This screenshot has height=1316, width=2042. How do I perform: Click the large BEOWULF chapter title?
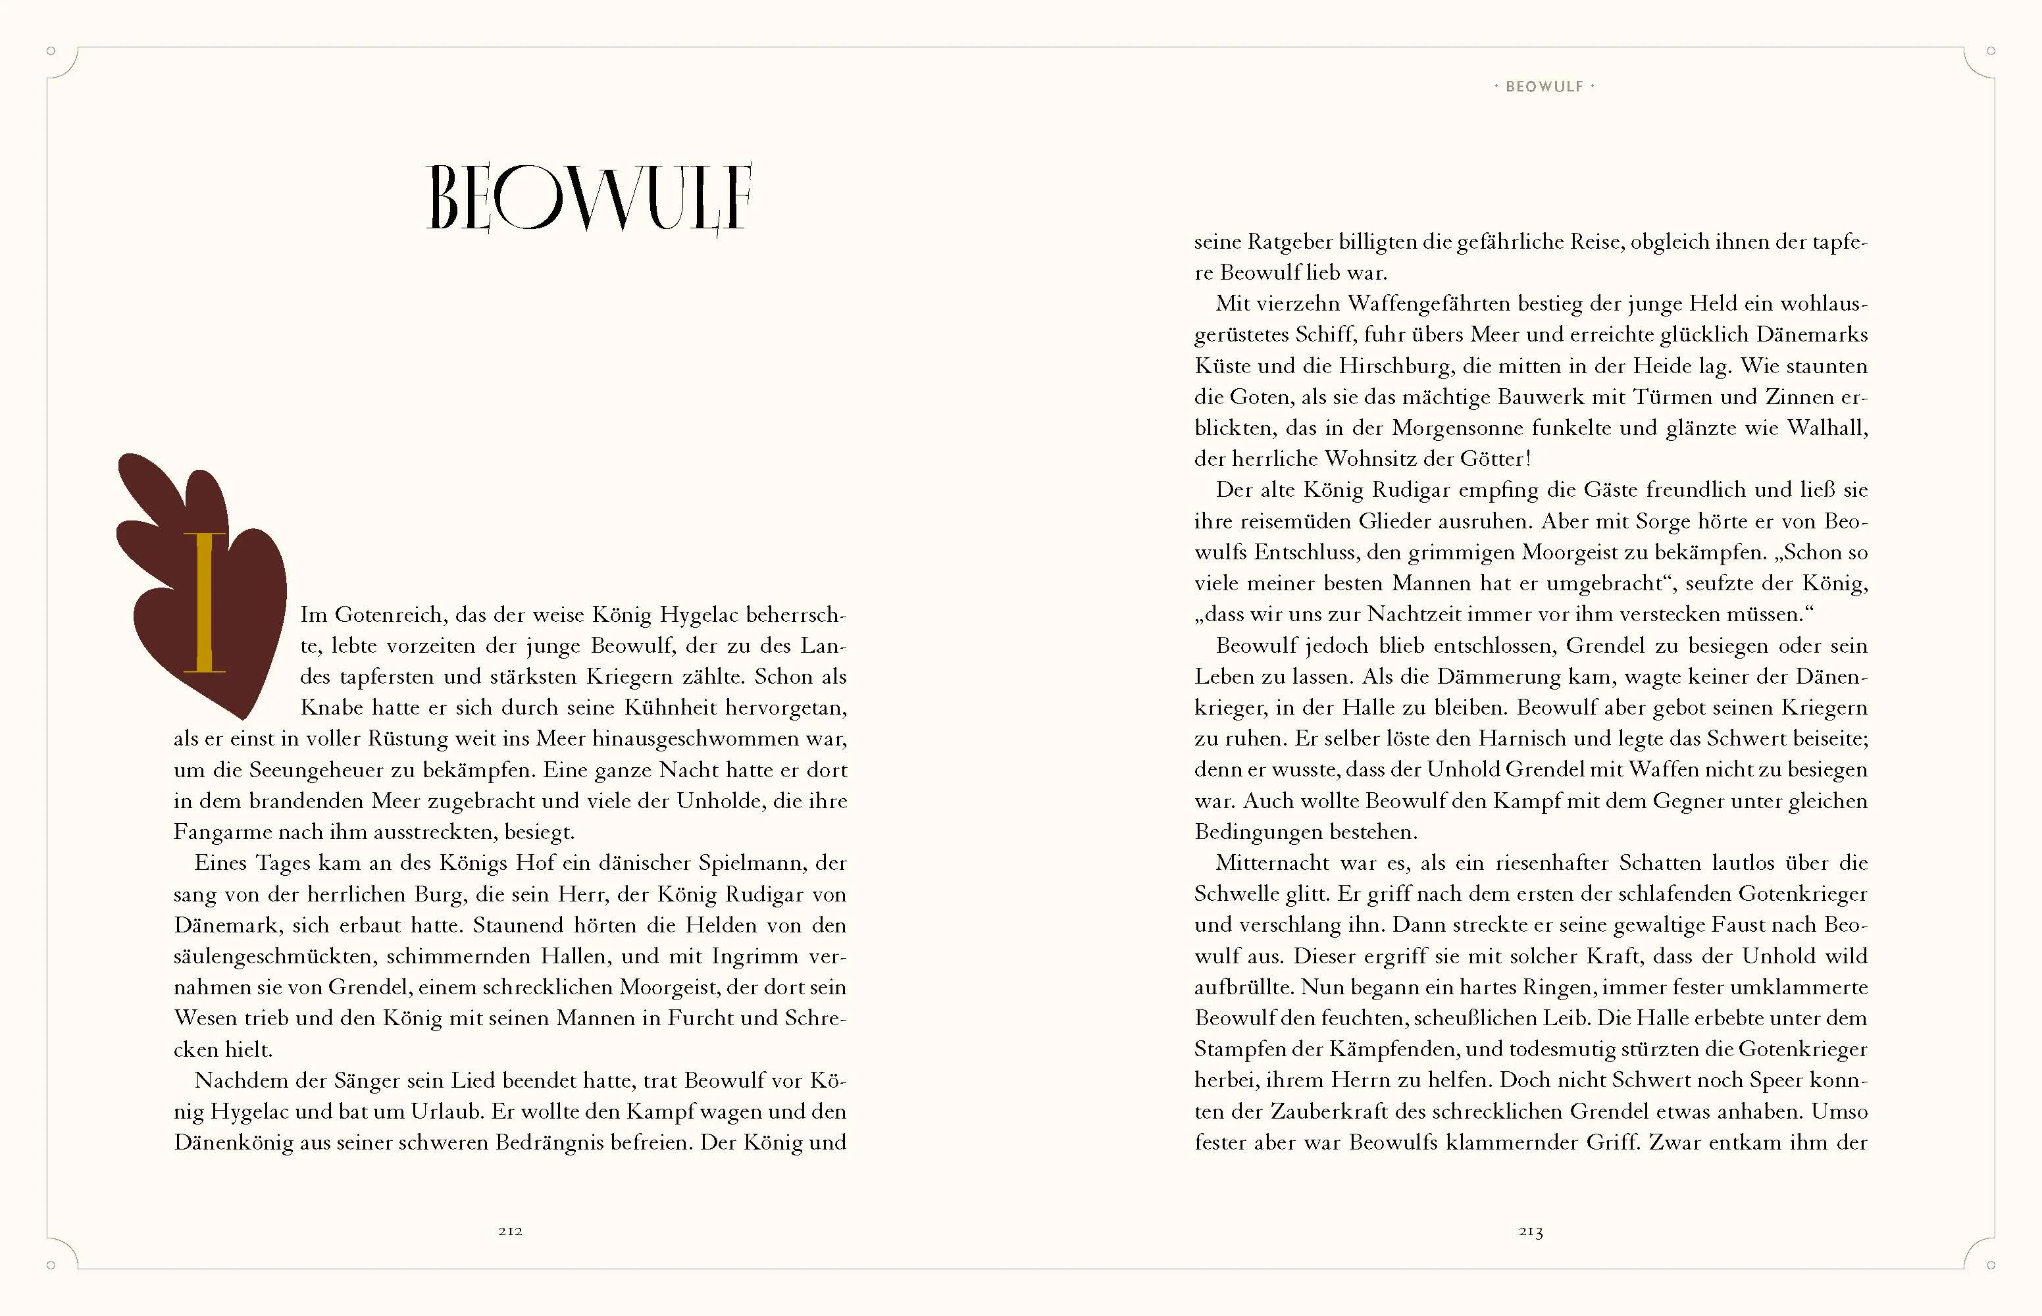[x=589, y=197]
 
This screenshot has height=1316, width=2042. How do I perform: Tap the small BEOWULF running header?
[x=1544, y=86]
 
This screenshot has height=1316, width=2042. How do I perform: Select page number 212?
[x=510, y=1231]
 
